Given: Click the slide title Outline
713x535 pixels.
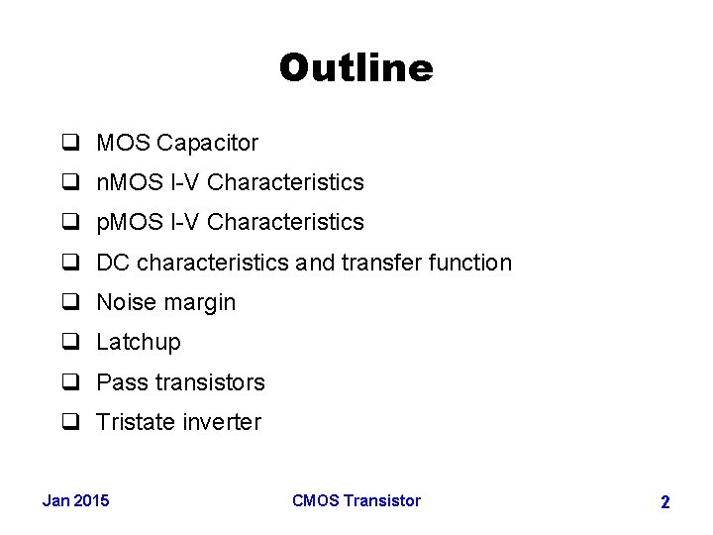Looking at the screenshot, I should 356,68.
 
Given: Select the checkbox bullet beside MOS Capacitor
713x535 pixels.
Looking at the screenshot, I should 70,143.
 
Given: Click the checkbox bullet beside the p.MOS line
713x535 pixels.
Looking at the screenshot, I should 70,223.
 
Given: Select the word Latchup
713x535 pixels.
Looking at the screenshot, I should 139,343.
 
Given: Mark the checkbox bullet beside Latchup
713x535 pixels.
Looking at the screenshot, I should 70,343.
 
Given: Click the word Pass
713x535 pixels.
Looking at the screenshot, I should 119,382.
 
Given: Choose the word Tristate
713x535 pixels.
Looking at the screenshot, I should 134,422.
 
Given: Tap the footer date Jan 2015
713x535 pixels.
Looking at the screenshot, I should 76,500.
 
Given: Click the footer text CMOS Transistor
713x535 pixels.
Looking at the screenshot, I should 356,500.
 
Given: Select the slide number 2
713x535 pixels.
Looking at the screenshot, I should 664,502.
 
